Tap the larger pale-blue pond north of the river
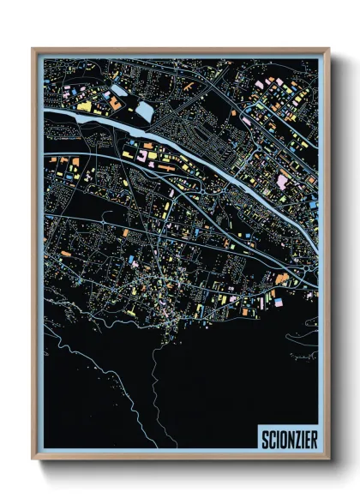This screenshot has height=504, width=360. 143,111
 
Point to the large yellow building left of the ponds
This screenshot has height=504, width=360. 85,105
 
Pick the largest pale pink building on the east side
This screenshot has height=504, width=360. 282,181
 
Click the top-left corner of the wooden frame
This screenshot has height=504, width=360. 33,49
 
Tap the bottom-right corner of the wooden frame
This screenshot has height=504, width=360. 328,459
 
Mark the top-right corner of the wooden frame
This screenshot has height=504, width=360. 328,49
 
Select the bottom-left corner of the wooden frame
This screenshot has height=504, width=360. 33,459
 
